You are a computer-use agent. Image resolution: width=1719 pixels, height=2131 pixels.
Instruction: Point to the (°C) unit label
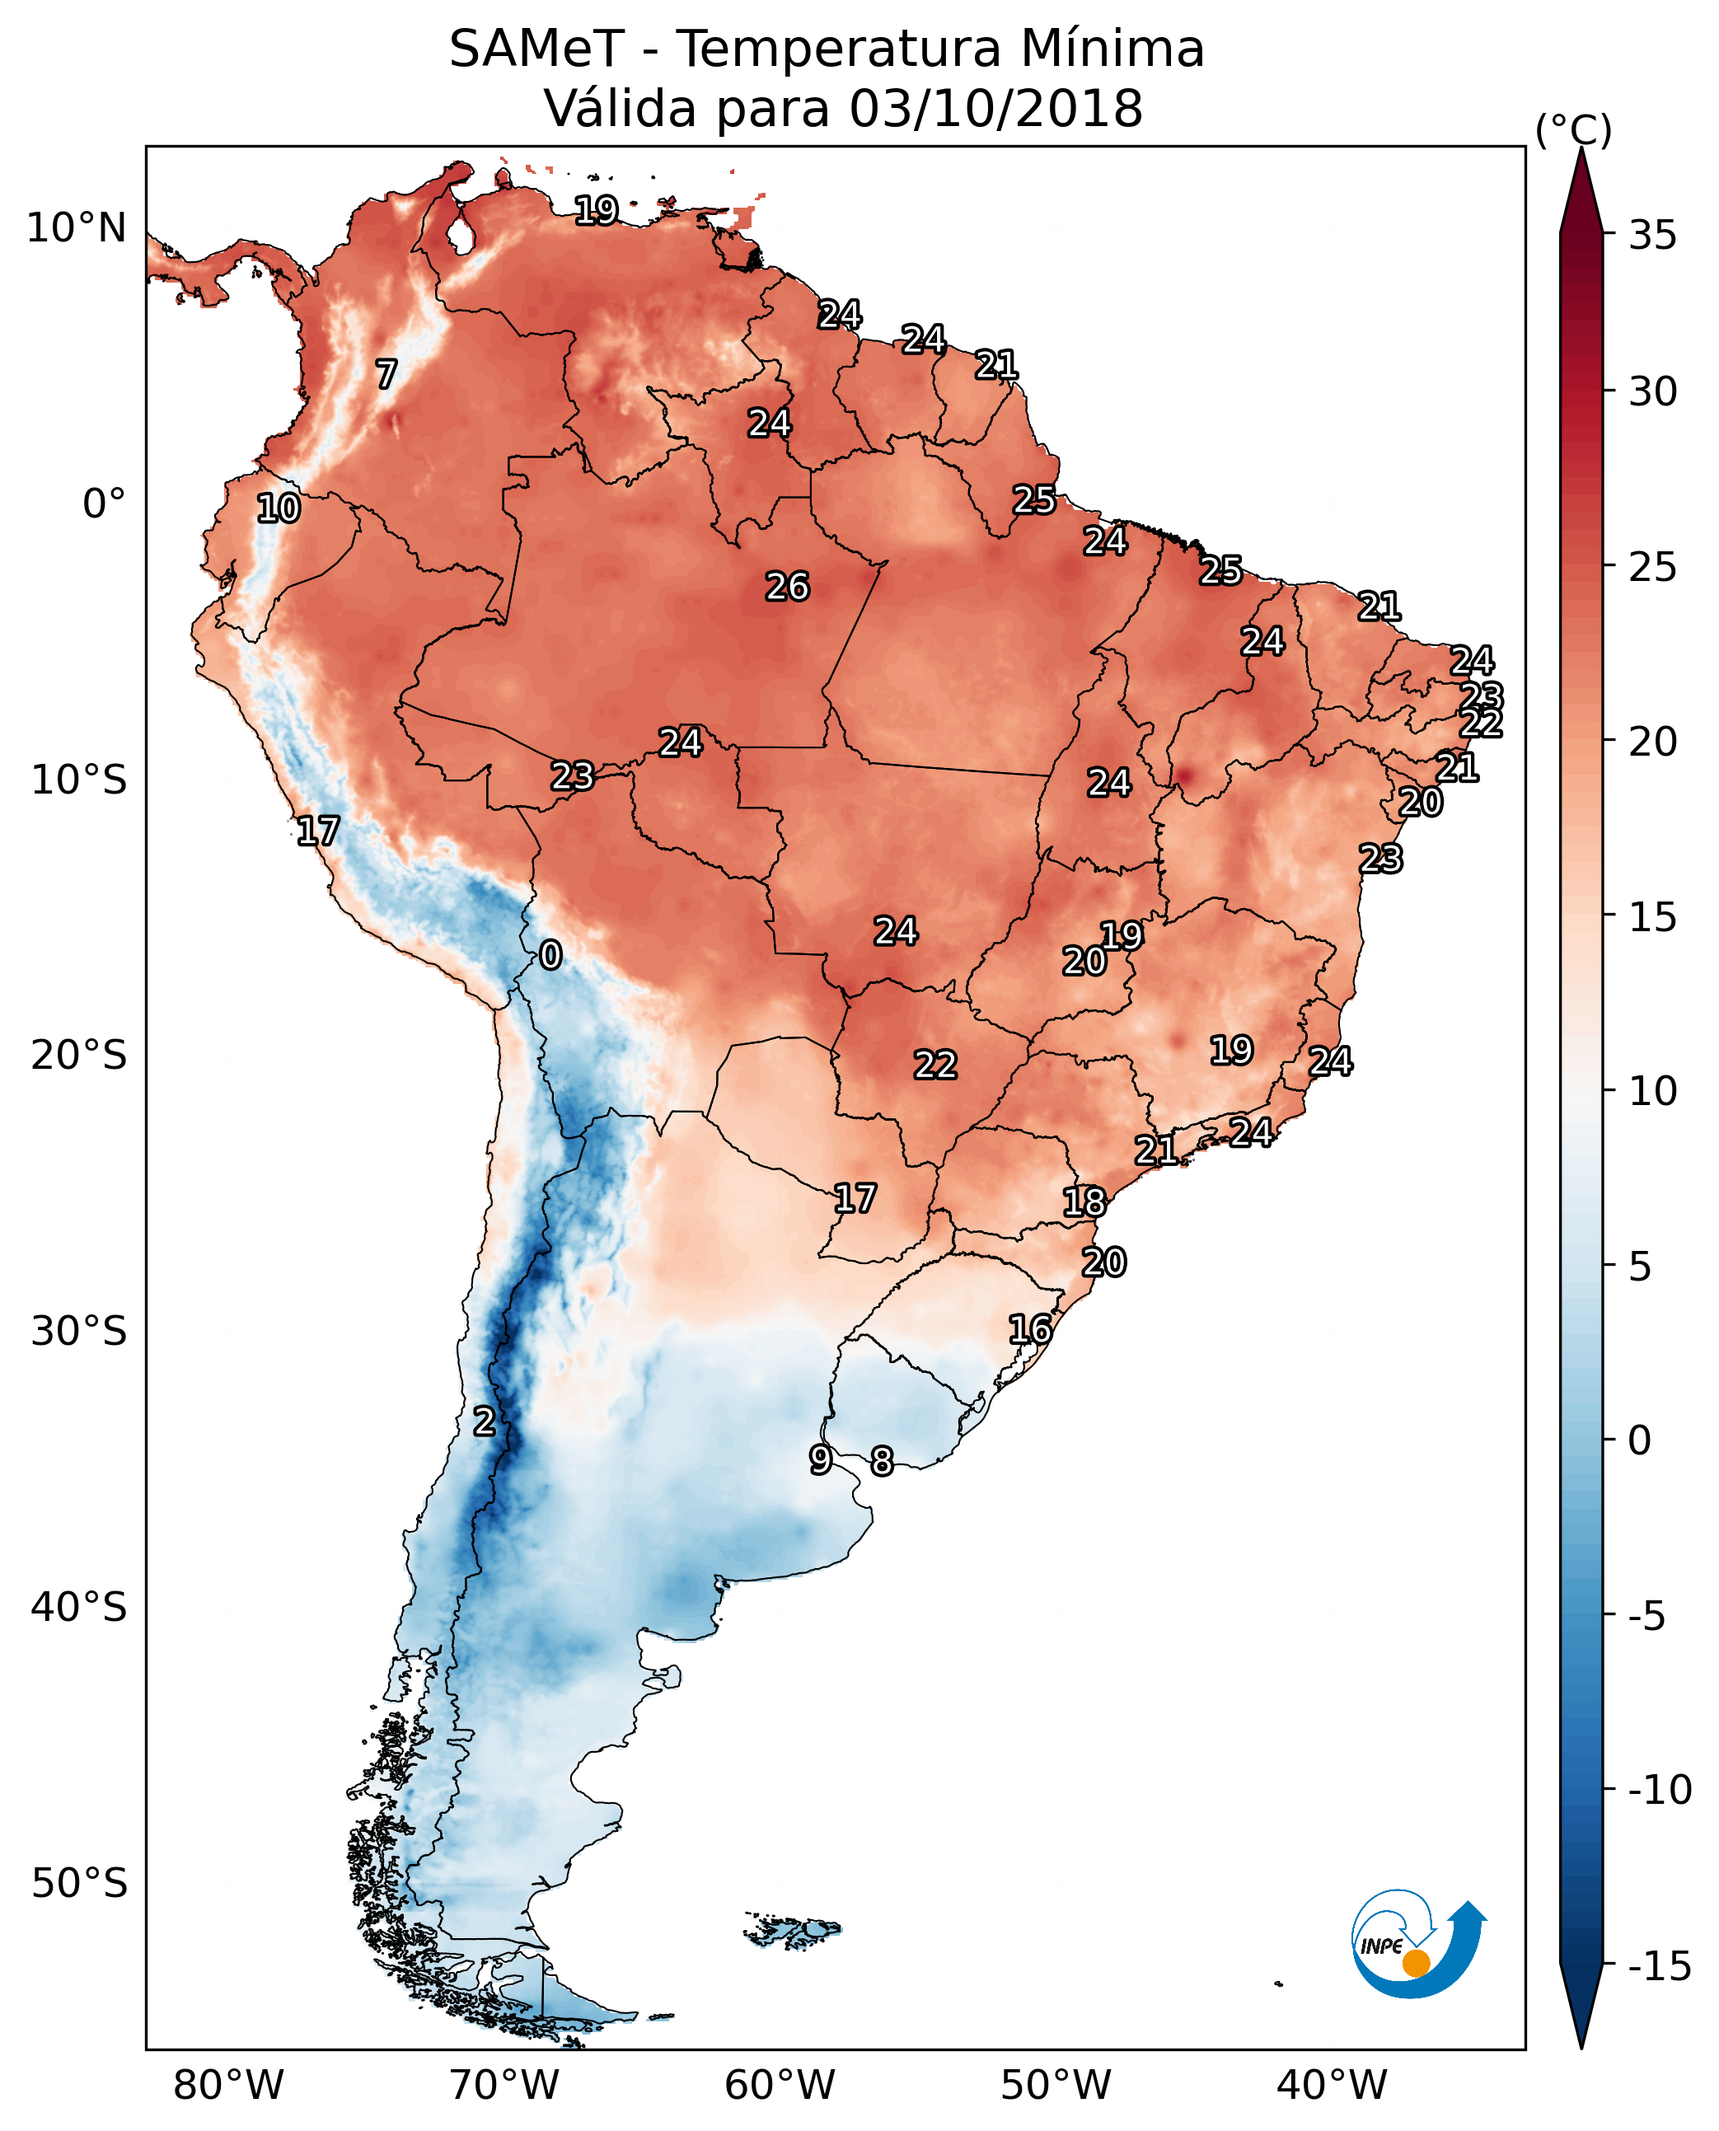[1573, 129]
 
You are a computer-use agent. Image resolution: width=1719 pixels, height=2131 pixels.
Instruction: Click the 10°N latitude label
[77, 229]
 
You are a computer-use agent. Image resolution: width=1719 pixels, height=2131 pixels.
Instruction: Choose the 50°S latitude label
[79, 1882]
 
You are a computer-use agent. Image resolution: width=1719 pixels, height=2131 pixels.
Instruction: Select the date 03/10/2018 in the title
[995, 108]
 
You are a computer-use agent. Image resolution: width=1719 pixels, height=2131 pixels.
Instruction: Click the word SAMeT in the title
[536, 49]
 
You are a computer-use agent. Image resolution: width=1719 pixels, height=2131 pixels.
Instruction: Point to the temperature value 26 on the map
[787, 588]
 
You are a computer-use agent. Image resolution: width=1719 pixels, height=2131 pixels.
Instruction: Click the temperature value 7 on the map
[386, 374]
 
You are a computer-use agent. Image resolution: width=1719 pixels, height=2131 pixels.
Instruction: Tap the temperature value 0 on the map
[550, 956]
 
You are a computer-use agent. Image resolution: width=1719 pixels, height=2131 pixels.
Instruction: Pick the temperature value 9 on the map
[820, 1459]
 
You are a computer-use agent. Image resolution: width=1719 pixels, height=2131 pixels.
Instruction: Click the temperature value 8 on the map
[881, 1462]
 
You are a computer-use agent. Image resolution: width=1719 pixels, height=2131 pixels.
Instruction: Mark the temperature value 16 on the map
[1030, 1330]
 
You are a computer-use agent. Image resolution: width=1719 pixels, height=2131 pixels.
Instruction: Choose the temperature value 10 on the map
[279, 509]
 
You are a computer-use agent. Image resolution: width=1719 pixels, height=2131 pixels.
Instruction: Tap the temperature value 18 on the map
[1084, 1202]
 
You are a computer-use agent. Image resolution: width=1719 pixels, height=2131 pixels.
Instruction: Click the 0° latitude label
[103, 504]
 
